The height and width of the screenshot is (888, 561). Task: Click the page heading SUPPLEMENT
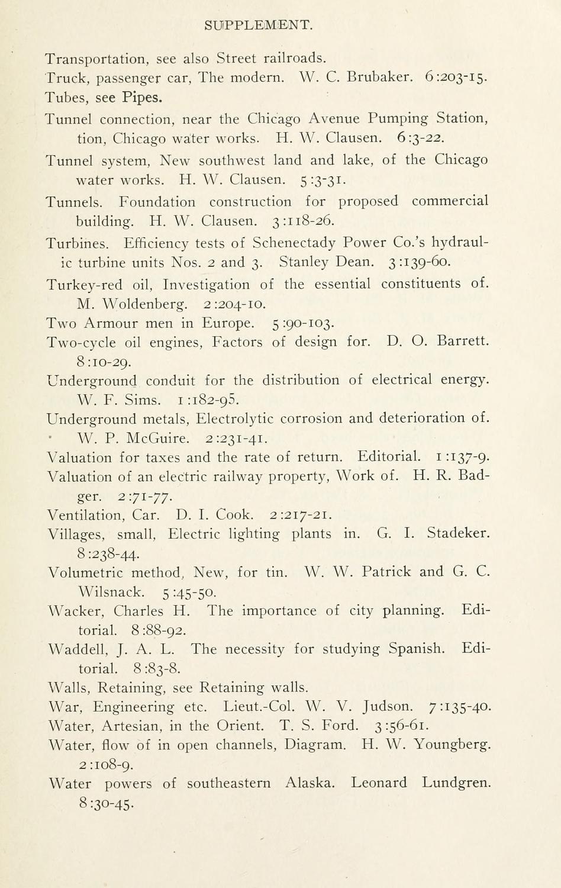click(x=258, y=25)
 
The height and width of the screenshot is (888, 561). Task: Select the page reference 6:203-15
click(x=456, y=77)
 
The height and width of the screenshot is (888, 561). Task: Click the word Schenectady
click(x=294, y=243)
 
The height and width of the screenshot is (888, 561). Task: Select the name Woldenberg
click(x=145, y=304)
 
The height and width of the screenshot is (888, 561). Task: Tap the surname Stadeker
click(x=459, y=534)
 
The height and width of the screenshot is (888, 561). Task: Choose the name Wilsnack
click(x=111, y=591)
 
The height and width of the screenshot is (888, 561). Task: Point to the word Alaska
click(x=309, y=783)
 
